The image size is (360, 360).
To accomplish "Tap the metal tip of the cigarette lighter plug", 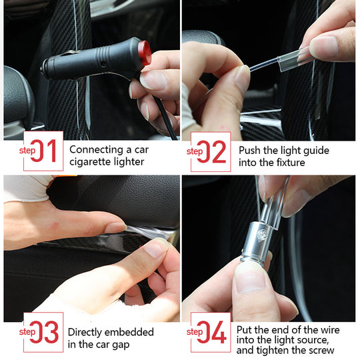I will pos(45,67).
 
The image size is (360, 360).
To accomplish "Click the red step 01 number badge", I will pos(43,151).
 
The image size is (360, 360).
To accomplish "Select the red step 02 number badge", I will pos(211,151).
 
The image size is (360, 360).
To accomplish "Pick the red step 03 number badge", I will pos(43,331).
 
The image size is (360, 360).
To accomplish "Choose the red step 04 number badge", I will pos(211,331).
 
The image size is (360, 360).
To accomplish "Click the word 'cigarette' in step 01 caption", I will pos(91,161).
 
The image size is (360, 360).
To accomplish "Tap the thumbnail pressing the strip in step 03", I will pos(157,249).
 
